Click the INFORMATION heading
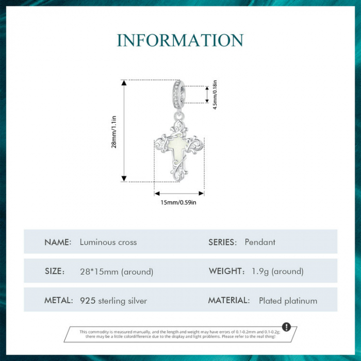pyautogui.click(x=180, y=40)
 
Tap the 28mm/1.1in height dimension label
pyautogui.click(x=114, y=132)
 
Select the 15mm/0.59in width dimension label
pyautogui.click(x=179, y=202)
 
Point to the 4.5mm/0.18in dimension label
pyautogui.click(x=215, y=94)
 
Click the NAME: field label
pyautogui.click(x=58, y=242)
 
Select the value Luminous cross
pyautogui.click(x=108, y=242)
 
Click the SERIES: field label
pyautogui.click(x=223, y=242)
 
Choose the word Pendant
pyautogui.click(x=260, y=242)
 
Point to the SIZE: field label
pyautogui.click(x=55, y=271)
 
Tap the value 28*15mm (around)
pyautogui.click(x=117, y=271)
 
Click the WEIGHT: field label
pyautogui.click(x=226, y=271)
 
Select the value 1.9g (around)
pyautogui.click(x=277, y=271)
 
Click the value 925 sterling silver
pyautogui.click(x=113, y=301)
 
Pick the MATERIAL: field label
pyautogui.click(x=229, y=301)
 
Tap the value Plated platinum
pyautogui.click(x=288, y=301)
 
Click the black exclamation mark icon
pyautogui.click(x=287, y=327)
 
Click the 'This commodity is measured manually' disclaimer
pyautogui.click(x=178, y=334)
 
